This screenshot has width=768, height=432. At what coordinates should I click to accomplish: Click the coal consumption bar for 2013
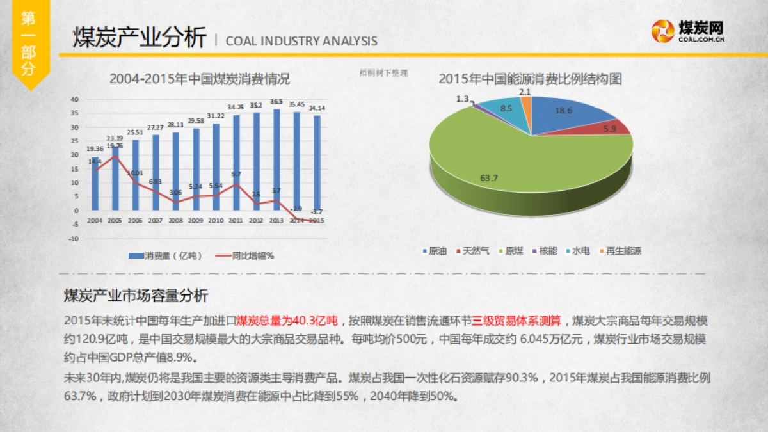point(276,160)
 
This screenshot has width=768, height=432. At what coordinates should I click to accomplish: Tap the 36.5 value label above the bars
point(276,102)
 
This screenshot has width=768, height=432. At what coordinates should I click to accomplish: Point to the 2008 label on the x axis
point(175,220)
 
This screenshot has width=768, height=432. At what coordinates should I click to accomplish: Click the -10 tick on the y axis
point(74,239)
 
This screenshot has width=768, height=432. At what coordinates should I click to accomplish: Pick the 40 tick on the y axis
point(75,99)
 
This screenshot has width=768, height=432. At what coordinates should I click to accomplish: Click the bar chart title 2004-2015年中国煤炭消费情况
point(199,79)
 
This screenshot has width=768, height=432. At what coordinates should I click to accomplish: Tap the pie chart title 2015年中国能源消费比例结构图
point(531,79)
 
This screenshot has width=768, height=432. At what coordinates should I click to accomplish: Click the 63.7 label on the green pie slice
point(489,178)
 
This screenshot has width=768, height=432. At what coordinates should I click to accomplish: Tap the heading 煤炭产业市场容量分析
point(136,296)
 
